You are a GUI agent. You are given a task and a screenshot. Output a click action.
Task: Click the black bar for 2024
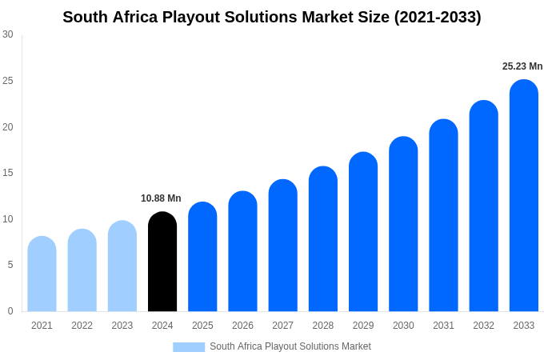162,262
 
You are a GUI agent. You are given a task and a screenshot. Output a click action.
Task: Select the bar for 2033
524,196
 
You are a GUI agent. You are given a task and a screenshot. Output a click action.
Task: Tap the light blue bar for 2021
42,274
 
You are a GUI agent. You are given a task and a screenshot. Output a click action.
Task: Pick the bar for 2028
323,239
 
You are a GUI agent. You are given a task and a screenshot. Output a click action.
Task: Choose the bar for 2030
403,225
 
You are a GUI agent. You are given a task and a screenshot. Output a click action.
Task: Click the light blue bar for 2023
122,266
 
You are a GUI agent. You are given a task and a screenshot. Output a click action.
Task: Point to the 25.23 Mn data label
522,66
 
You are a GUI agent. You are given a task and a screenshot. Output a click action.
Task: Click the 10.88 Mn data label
161,198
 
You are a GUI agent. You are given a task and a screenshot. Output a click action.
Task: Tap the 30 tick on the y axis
8,34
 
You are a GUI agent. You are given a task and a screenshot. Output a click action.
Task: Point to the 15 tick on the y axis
8,173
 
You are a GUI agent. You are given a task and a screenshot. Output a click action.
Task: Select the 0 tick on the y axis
10,311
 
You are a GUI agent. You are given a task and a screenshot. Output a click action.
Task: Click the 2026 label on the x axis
242,326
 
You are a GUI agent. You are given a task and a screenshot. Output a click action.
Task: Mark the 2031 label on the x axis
443,326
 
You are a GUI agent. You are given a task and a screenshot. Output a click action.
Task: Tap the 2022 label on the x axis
82,326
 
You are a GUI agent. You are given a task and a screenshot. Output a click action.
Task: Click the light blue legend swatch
189,347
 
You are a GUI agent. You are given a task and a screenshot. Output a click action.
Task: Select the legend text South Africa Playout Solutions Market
290,346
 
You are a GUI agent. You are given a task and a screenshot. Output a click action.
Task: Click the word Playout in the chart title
208,17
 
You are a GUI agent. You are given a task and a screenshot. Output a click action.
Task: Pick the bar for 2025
202,257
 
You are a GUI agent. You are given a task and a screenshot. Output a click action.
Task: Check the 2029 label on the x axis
363,326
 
